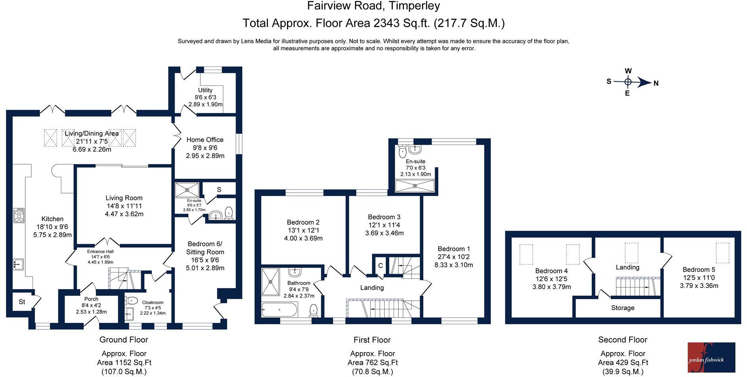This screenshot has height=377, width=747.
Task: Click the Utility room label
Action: [205, 90]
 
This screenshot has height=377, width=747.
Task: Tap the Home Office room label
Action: [205, 140]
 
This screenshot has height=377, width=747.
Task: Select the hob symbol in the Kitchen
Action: [19, 215]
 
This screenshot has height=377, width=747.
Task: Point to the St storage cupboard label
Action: [22, 302]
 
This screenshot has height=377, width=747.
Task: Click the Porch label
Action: [91, 299]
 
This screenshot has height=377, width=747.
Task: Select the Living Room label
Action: [124, 198]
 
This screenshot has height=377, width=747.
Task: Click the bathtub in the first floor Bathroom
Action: [279, 310]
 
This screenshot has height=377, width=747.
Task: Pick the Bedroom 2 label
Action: [303, 222]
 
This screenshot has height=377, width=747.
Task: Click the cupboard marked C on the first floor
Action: [380, 265]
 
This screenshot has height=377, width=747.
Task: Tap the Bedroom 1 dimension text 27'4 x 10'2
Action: [454, 257]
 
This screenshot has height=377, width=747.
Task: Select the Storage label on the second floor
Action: [623, 308]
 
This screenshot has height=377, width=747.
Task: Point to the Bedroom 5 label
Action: [699, 270]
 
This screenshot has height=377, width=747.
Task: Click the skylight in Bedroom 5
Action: [722, 253]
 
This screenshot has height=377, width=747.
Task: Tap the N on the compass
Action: [656, 83]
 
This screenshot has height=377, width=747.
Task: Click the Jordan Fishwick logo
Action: [711, 358]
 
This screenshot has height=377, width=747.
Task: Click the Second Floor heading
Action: [623, 340]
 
